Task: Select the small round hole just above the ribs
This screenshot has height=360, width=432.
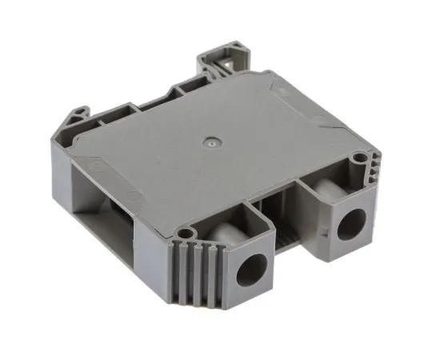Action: pyautogui.click(x=186, y=234)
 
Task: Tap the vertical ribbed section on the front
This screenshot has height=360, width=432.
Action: pyautogui.click(x=200, y=276)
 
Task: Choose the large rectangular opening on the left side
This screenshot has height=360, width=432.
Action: pyautogui.click(x=102, y=208)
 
